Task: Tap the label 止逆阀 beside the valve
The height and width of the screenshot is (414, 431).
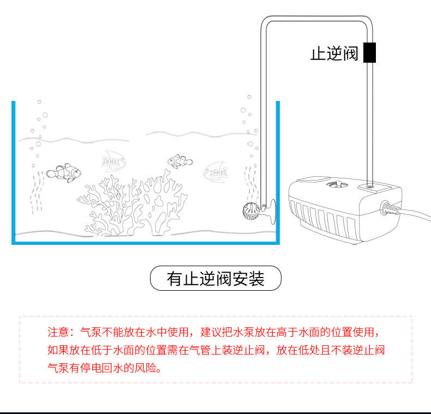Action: click(x=334, y=53)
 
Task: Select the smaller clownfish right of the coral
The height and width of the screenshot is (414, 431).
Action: click(x=179, y=161)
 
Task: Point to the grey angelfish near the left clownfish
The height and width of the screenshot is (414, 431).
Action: click(x=114, y=160)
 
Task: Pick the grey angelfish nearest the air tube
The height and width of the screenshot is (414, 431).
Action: click(x=215, y=172)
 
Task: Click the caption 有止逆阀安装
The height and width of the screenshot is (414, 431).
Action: click(x=215, y=279)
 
